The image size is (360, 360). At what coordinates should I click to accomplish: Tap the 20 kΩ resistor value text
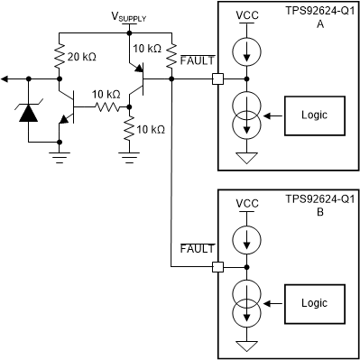pos(82,56)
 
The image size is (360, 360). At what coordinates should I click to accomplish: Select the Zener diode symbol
pos(28,112)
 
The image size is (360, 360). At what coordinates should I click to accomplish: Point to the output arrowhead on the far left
pos(6,79)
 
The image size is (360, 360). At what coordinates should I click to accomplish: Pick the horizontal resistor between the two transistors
pos(105,107)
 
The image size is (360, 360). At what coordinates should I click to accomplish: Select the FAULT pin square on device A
pos(217,79)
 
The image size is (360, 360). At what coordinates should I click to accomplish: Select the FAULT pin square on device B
pos(217,267)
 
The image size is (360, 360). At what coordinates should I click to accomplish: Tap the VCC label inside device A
pos(246,17)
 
